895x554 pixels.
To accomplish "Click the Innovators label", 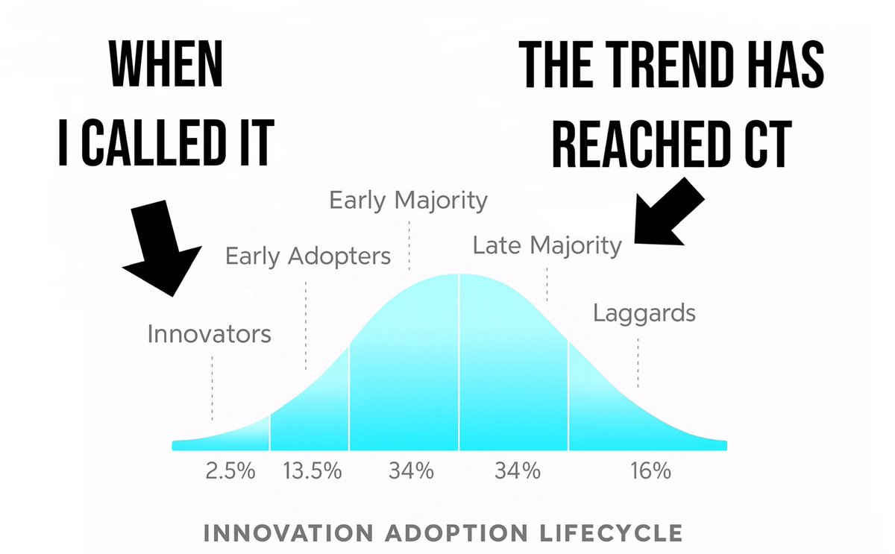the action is pos(209,334).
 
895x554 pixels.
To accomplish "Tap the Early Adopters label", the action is pos(308,256).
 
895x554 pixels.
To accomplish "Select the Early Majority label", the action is pos(409,201).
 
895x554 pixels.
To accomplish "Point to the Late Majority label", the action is pos(547,245).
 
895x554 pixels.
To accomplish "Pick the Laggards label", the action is pos(644,314).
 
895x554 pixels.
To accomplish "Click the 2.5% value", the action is pos(230,470).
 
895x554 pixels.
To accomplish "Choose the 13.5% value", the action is pos(313,470).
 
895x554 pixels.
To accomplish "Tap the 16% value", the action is pos(650,470).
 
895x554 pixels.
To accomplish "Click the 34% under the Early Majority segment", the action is pos(411,470).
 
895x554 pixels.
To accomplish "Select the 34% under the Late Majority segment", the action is pos(518,470).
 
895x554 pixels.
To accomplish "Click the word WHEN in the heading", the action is pos(166,64).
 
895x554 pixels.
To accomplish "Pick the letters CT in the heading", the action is pos(767,143).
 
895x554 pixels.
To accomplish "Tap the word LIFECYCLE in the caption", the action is pos(612,533).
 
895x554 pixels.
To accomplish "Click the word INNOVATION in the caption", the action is pos(288,533).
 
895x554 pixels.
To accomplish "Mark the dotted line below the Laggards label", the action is pos(638,362).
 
